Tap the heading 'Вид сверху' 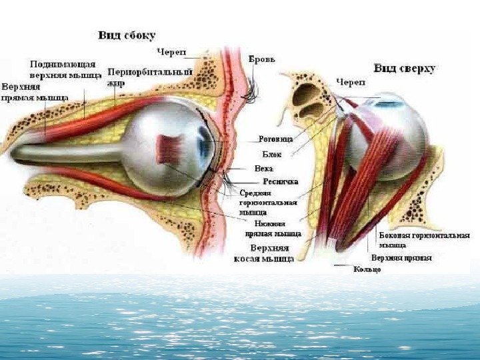405,68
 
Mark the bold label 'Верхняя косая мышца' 263,253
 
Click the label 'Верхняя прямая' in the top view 401,257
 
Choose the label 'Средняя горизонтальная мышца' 263,203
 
